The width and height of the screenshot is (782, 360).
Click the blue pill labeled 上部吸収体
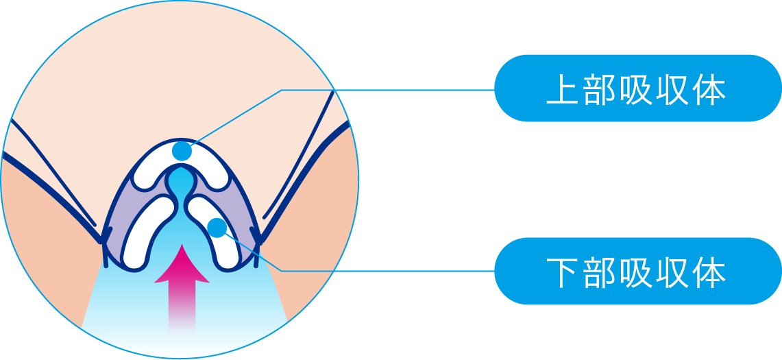(x=637, y=88)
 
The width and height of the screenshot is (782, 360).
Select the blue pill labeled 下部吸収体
(x=637, y=271)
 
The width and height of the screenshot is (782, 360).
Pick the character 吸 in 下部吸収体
(x=636, y=273)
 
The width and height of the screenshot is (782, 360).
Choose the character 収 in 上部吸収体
(x=672, y=91)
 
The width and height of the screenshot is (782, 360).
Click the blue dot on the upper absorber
(x=182, y=151)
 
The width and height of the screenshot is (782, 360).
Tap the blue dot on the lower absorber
(x=217, y=228)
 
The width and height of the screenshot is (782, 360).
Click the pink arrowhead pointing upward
(x=182, y=263)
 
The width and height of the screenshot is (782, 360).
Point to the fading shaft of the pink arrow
(x=182, y=307)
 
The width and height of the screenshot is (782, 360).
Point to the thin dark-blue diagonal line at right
(x=298, y=156)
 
